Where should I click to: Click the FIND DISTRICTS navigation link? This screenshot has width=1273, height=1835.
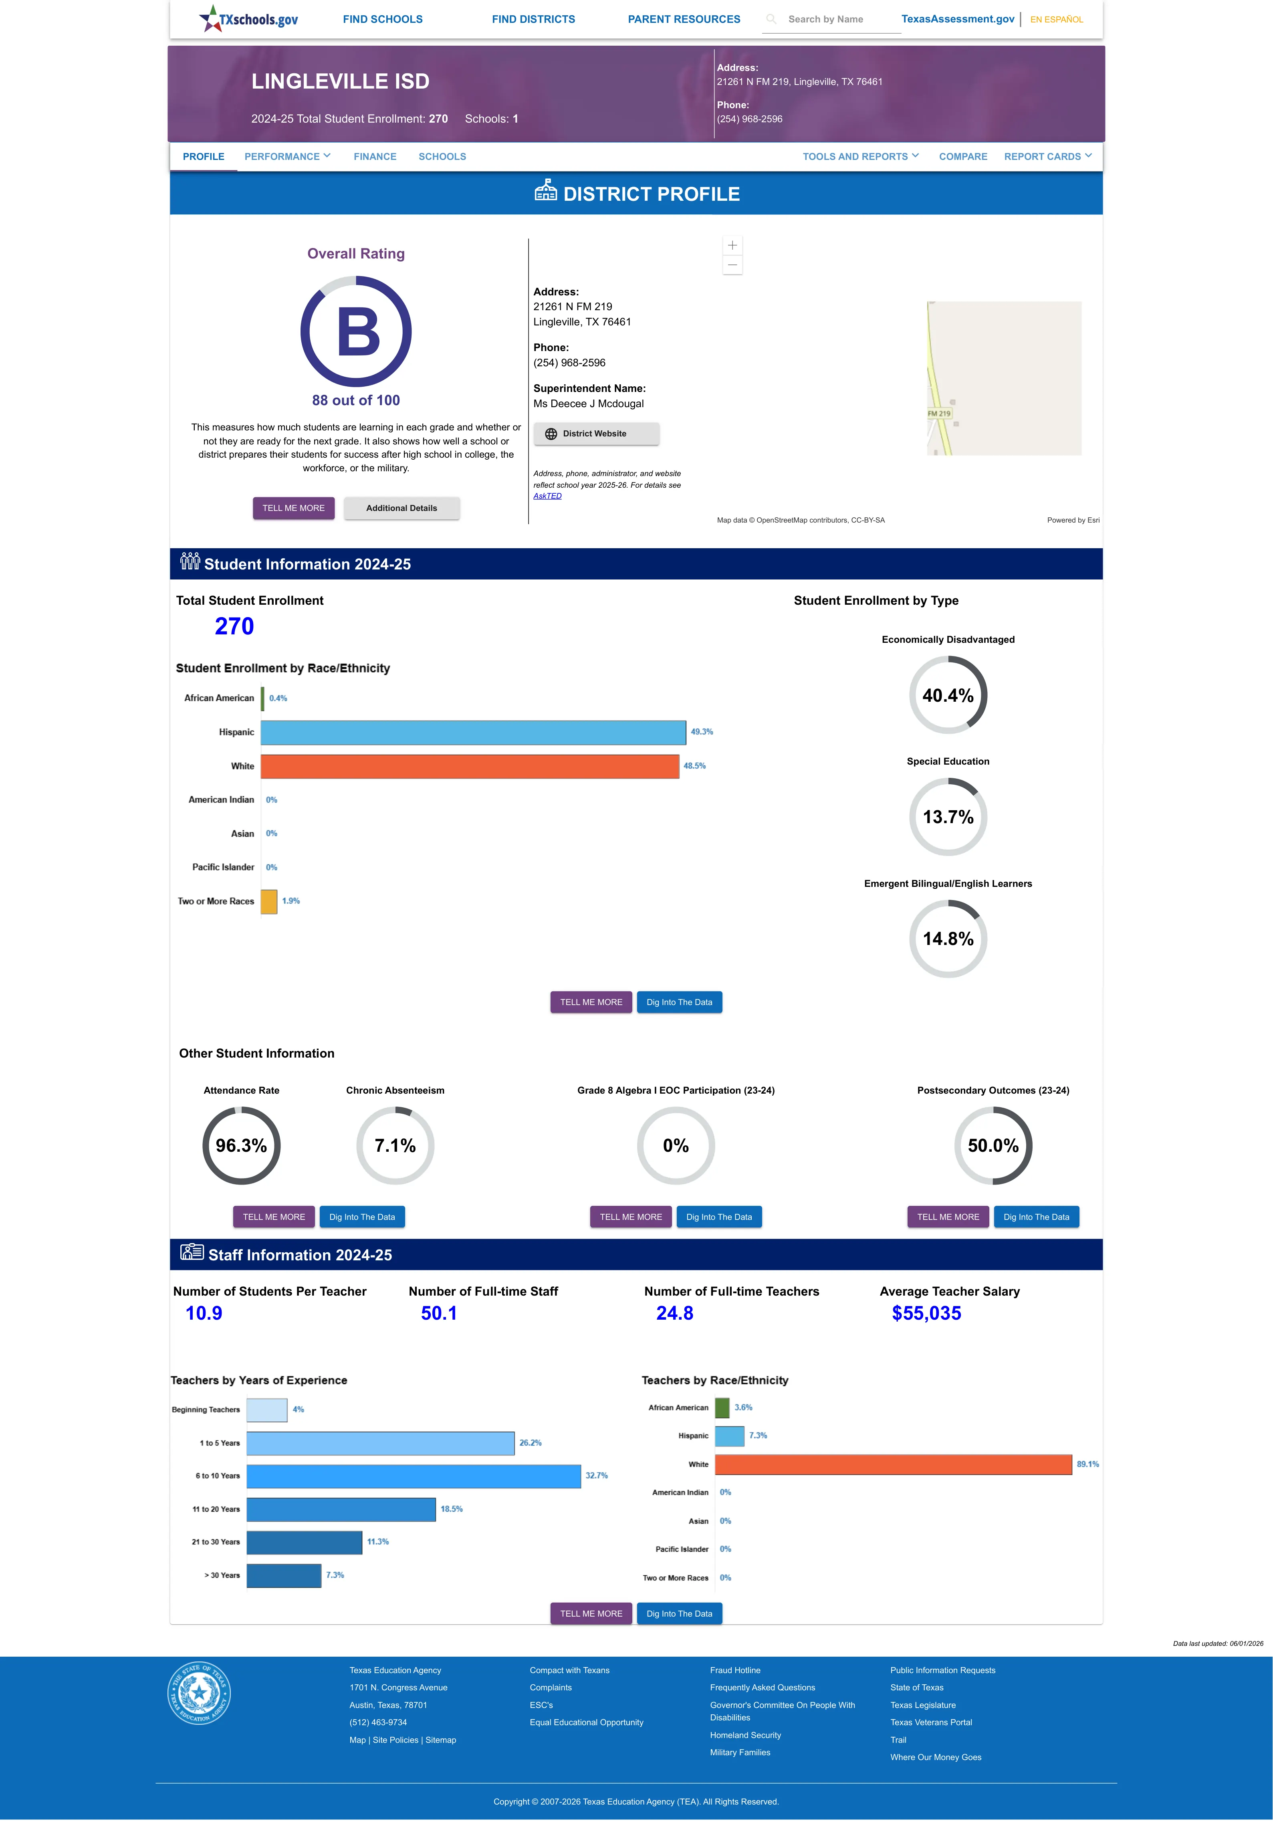pos(533,19)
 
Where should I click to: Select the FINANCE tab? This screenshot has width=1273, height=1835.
pos(375,156)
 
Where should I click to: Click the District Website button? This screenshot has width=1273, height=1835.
pos(596,434)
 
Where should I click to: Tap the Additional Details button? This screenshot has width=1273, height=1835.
pos(401,508)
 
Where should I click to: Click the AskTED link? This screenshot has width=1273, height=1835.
pos(547,496)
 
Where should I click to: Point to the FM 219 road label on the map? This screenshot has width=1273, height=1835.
pos(939,413)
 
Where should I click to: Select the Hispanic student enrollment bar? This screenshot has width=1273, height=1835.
pos(473,732)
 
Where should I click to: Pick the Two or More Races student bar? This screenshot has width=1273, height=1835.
pos(269,901)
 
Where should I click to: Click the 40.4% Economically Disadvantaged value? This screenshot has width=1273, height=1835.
pos(948,695)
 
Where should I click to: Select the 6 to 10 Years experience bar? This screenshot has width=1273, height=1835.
pos(413,1476)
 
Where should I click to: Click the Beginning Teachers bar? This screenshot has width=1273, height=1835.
pos(266,1410)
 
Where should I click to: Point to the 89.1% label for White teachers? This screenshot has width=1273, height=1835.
pos(1087,1464)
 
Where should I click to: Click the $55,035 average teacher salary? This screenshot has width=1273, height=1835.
pos(926,1314)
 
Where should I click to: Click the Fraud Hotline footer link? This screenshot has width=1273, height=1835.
pos(734,1670)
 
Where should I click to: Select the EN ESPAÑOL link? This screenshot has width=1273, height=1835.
pos(1056,19)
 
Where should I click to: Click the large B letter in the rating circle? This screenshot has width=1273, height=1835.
pos(358,332)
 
